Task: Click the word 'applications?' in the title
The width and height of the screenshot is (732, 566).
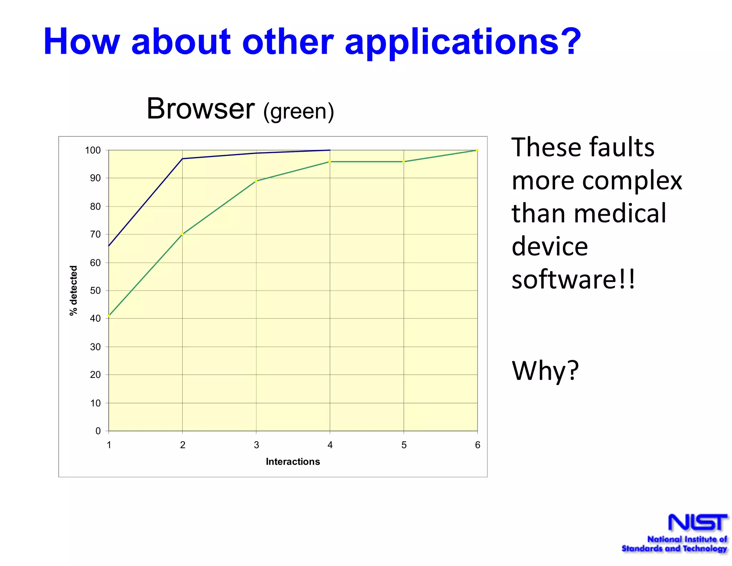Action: tap(463, 42)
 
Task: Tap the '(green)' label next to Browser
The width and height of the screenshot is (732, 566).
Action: tap(298, 111)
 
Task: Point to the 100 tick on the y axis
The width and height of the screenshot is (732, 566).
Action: tap(93, 150)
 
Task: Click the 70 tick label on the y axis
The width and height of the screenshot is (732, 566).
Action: tap(95, 234)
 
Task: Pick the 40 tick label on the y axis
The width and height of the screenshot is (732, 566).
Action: tap(95, 318)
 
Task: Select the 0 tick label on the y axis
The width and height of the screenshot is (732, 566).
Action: tap(98, 431)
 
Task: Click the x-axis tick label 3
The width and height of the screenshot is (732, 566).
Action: tap(256, 445)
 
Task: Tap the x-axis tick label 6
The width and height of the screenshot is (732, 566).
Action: tap(478, 445)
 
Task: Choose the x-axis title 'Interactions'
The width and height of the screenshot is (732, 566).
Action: tap(293, 462)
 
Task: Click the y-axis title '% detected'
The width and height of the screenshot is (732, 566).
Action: tap(73, 291)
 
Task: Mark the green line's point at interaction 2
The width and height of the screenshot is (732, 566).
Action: tap(182, 234)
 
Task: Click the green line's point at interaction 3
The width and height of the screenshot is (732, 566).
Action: tap(256, 181)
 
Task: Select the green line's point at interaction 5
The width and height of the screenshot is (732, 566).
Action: tap(404, 162)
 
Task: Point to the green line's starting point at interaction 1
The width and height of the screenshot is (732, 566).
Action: tap(109, 316)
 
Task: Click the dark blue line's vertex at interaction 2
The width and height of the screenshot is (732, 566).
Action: tap(182, 158)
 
